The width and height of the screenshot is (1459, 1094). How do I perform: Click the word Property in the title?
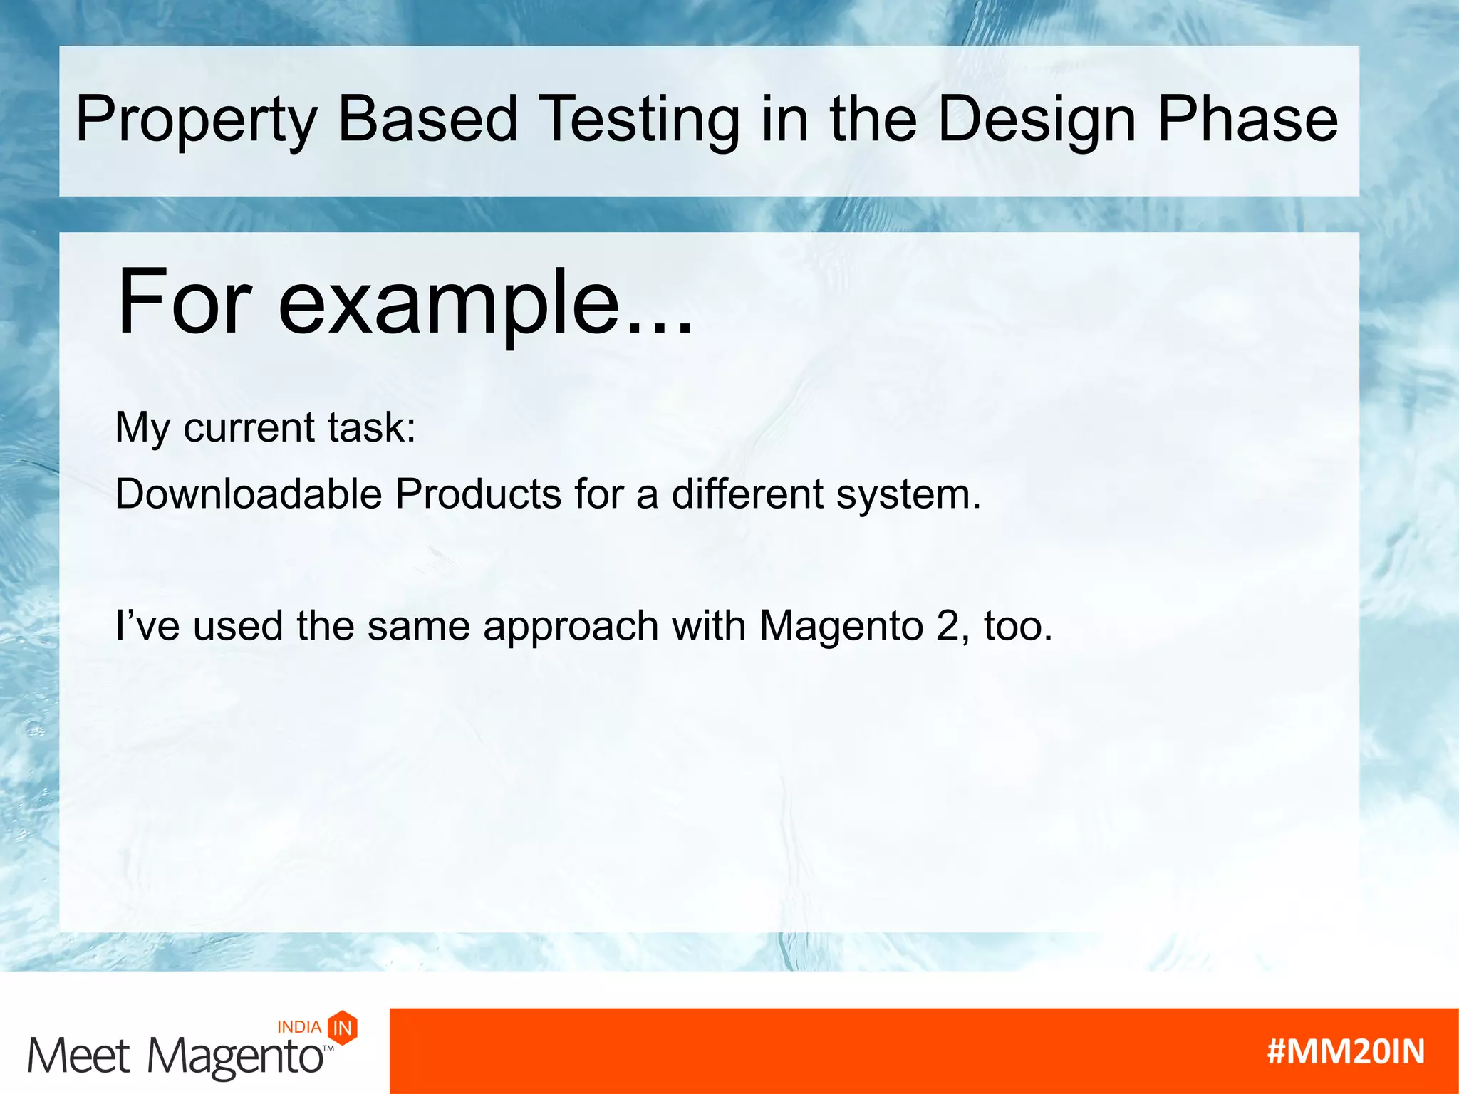[195, 120]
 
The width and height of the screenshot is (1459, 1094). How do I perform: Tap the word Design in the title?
[1037, 120]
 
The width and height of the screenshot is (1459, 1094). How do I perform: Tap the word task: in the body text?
[371, 427]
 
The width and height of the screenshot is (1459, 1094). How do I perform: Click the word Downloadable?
[249, 494]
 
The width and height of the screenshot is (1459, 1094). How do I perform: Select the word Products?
[478, 494]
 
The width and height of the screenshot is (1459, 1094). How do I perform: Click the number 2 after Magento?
[947, 627]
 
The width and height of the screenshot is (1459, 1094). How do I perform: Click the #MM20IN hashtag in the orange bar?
[1345, 1051]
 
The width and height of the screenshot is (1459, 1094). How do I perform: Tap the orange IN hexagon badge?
[343, 1027]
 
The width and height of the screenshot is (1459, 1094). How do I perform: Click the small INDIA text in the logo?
[298, 1027]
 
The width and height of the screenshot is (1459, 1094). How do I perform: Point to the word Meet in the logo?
[78, 1055]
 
